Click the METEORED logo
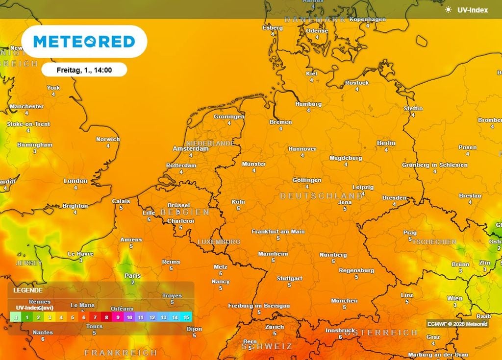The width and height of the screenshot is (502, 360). [84, 42]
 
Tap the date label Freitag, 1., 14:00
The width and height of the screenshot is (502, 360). [84, 70]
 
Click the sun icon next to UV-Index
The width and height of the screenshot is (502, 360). [448, 10]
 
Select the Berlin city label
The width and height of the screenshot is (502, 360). [386, 143]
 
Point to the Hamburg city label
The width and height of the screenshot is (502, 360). [308, 104]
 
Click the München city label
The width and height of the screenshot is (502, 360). [344, 301]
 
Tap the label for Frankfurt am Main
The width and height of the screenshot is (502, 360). [278, 231]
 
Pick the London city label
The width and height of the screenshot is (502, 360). [75, 181]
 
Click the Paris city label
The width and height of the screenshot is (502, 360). [132, 276]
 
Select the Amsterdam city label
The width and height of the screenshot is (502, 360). [191, 148]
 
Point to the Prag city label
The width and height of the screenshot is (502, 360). [410, 233]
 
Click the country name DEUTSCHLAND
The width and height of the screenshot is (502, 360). [322, 196]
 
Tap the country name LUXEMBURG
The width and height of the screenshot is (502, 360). [219, 242]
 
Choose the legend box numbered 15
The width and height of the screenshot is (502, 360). [186, 317]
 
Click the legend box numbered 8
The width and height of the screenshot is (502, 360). [106, 317]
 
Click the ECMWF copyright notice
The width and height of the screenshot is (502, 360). [457, 324]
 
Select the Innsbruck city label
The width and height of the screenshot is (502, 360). [340, 330]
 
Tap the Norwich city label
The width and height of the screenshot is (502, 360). [108, 139]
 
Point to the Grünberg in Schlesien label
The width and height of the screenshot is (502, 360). [434, 165]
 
